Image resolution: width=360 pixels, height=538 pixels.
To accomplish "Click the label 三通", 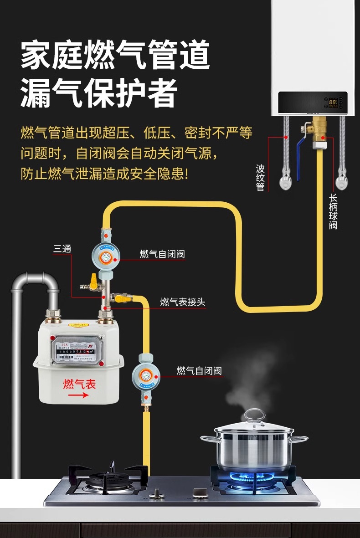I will pyautogui.click(x=62, y=249).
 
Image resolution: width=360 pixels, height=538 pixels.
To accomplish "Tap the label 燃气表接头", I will pyautogui.click(x=183, y=302).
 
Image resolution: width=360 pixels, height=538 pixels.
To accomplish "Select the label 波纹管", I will pyautogui.click(x=260, y=178).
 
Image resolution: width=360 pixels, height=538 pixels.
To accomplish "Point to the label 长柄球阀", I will pyautogui.click(x=333, y=212).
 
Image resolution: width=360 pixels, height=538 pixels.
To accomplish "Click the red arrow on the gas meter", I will pyautogui.click(x=78, y=395).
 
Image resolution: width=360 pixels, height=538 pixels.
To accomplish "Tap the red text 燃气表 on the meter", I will pyautogui.click(x=80, y=384).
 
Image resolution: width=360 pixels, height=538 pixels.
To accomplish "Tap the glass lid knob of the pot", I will pyautogui.click(x=254, y=415).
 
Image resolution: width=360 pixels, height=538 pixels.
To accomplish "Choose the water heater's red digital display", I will pyautogui.click(x=333, y=102).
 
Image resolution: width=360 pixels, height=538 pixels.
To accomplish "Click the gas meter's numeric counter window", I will pyautogui.click(x=73, y=352).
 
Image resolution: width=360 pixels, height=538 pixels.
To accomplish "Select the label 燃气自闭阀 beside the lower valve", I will pyautogui.click(x=199, y=371).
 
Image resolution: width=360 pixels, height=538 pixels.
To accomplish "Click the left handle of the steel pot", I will pyautogui.click(x=208, y=438).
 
